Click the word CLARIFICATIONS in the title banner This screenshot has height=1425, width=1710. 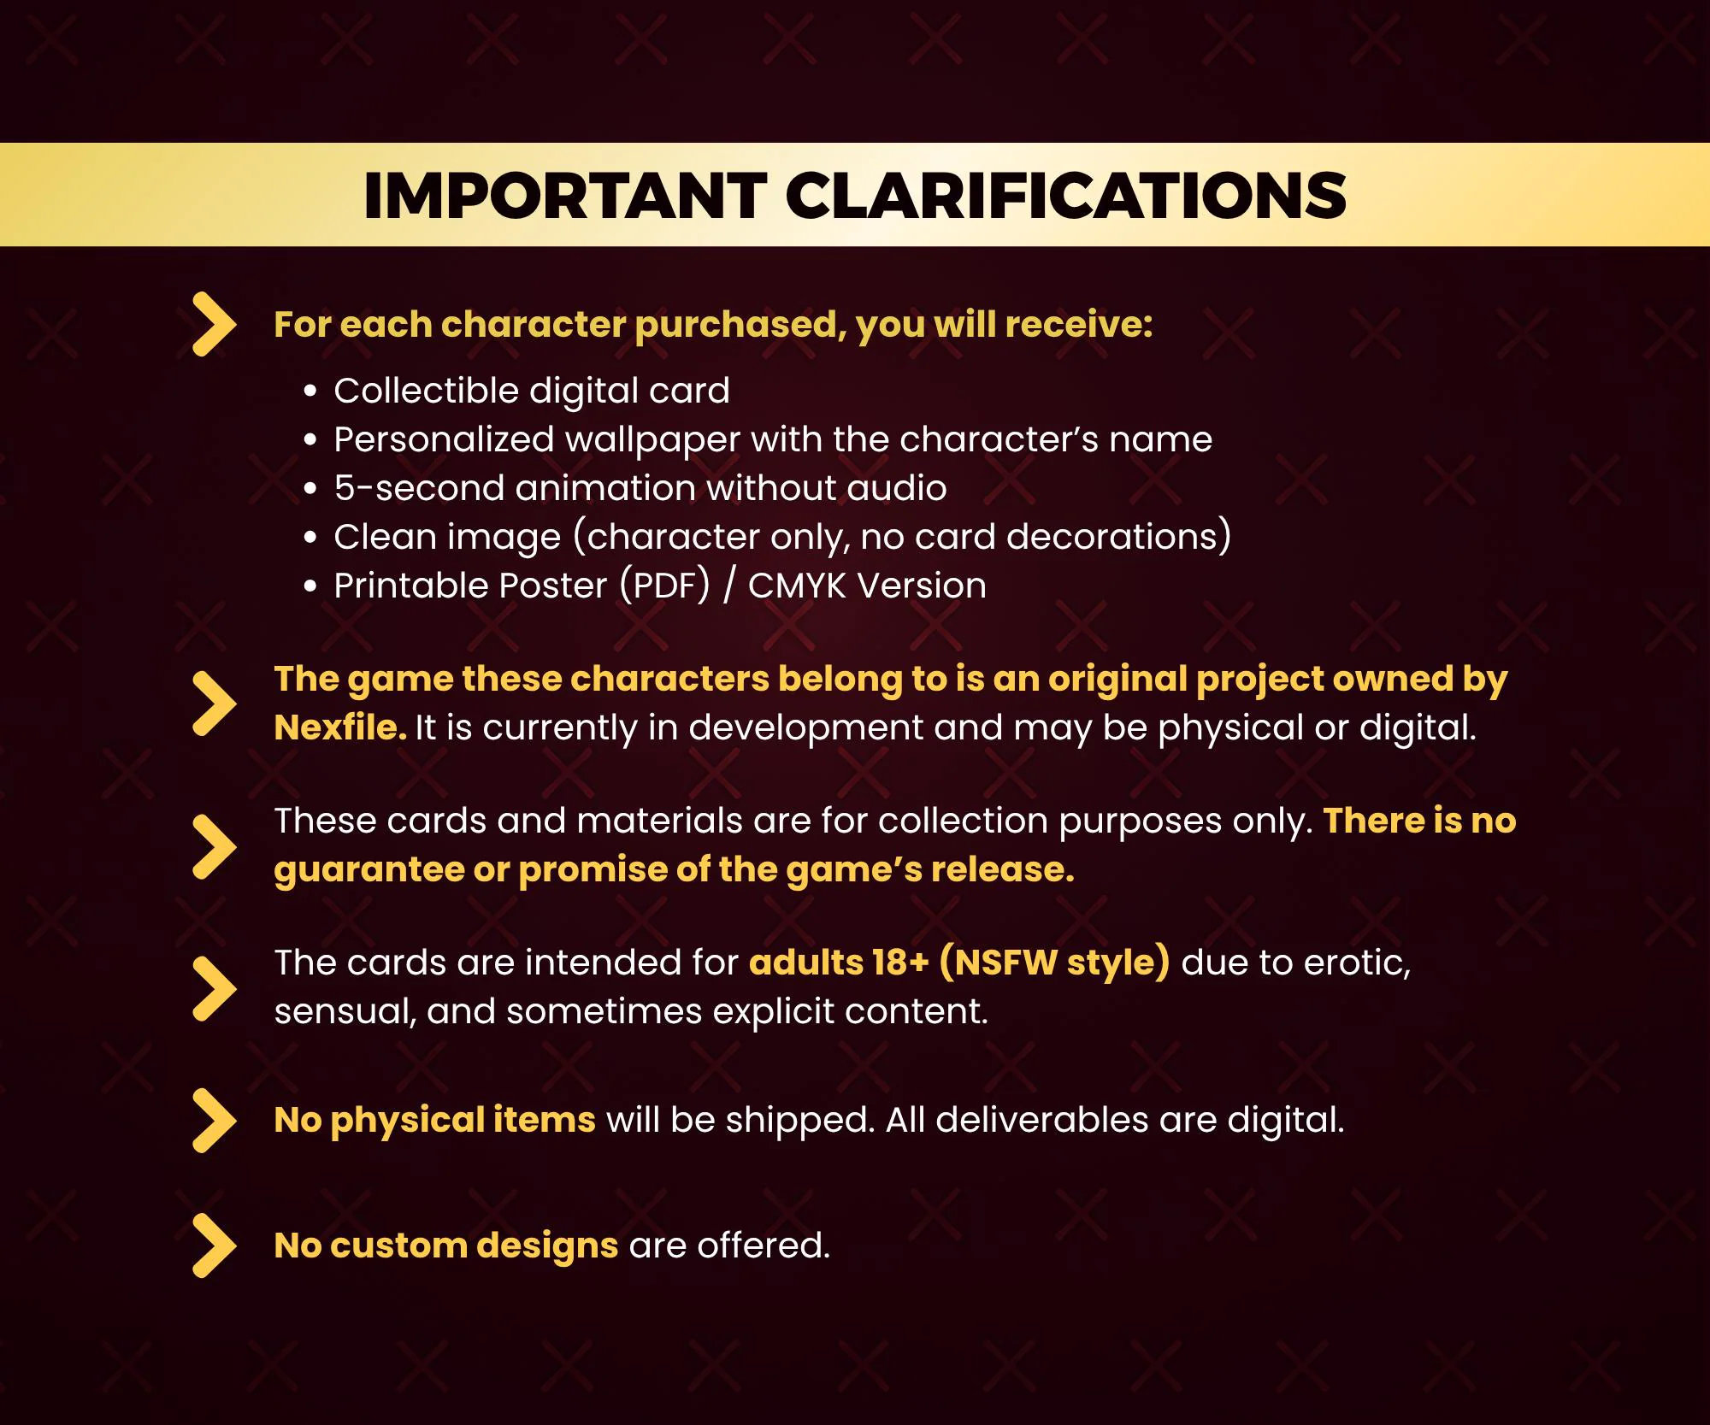point(1066,196)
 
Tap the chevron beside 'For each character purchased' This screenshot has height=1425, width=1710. point(214,324)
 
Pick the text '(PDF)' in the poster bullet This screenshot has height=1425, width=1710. point(665,586)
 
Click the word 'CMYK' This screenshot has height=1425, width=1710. point(797,586)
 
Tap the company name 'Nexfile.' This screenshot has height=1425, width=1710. point(340,727)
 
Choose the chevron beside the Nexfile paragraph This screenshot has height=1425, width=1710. point(214,703)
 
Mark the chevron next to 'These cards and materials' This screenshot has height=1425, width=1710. point(214,846)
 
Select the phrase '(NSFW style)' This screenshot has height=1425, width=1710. point(1054,963)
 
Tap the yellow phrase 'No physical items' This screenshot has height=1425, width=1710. point(435,1121)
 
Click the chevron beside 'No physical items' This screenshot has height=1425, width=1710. point(214,1121)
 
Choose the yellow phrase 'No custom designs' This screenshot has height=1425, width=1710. point(446,1245)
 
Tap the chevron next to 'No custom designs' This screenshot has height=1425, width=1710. point(214,1245)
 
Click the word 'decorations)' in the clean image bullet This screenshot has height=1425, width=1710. point(1118,537)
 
